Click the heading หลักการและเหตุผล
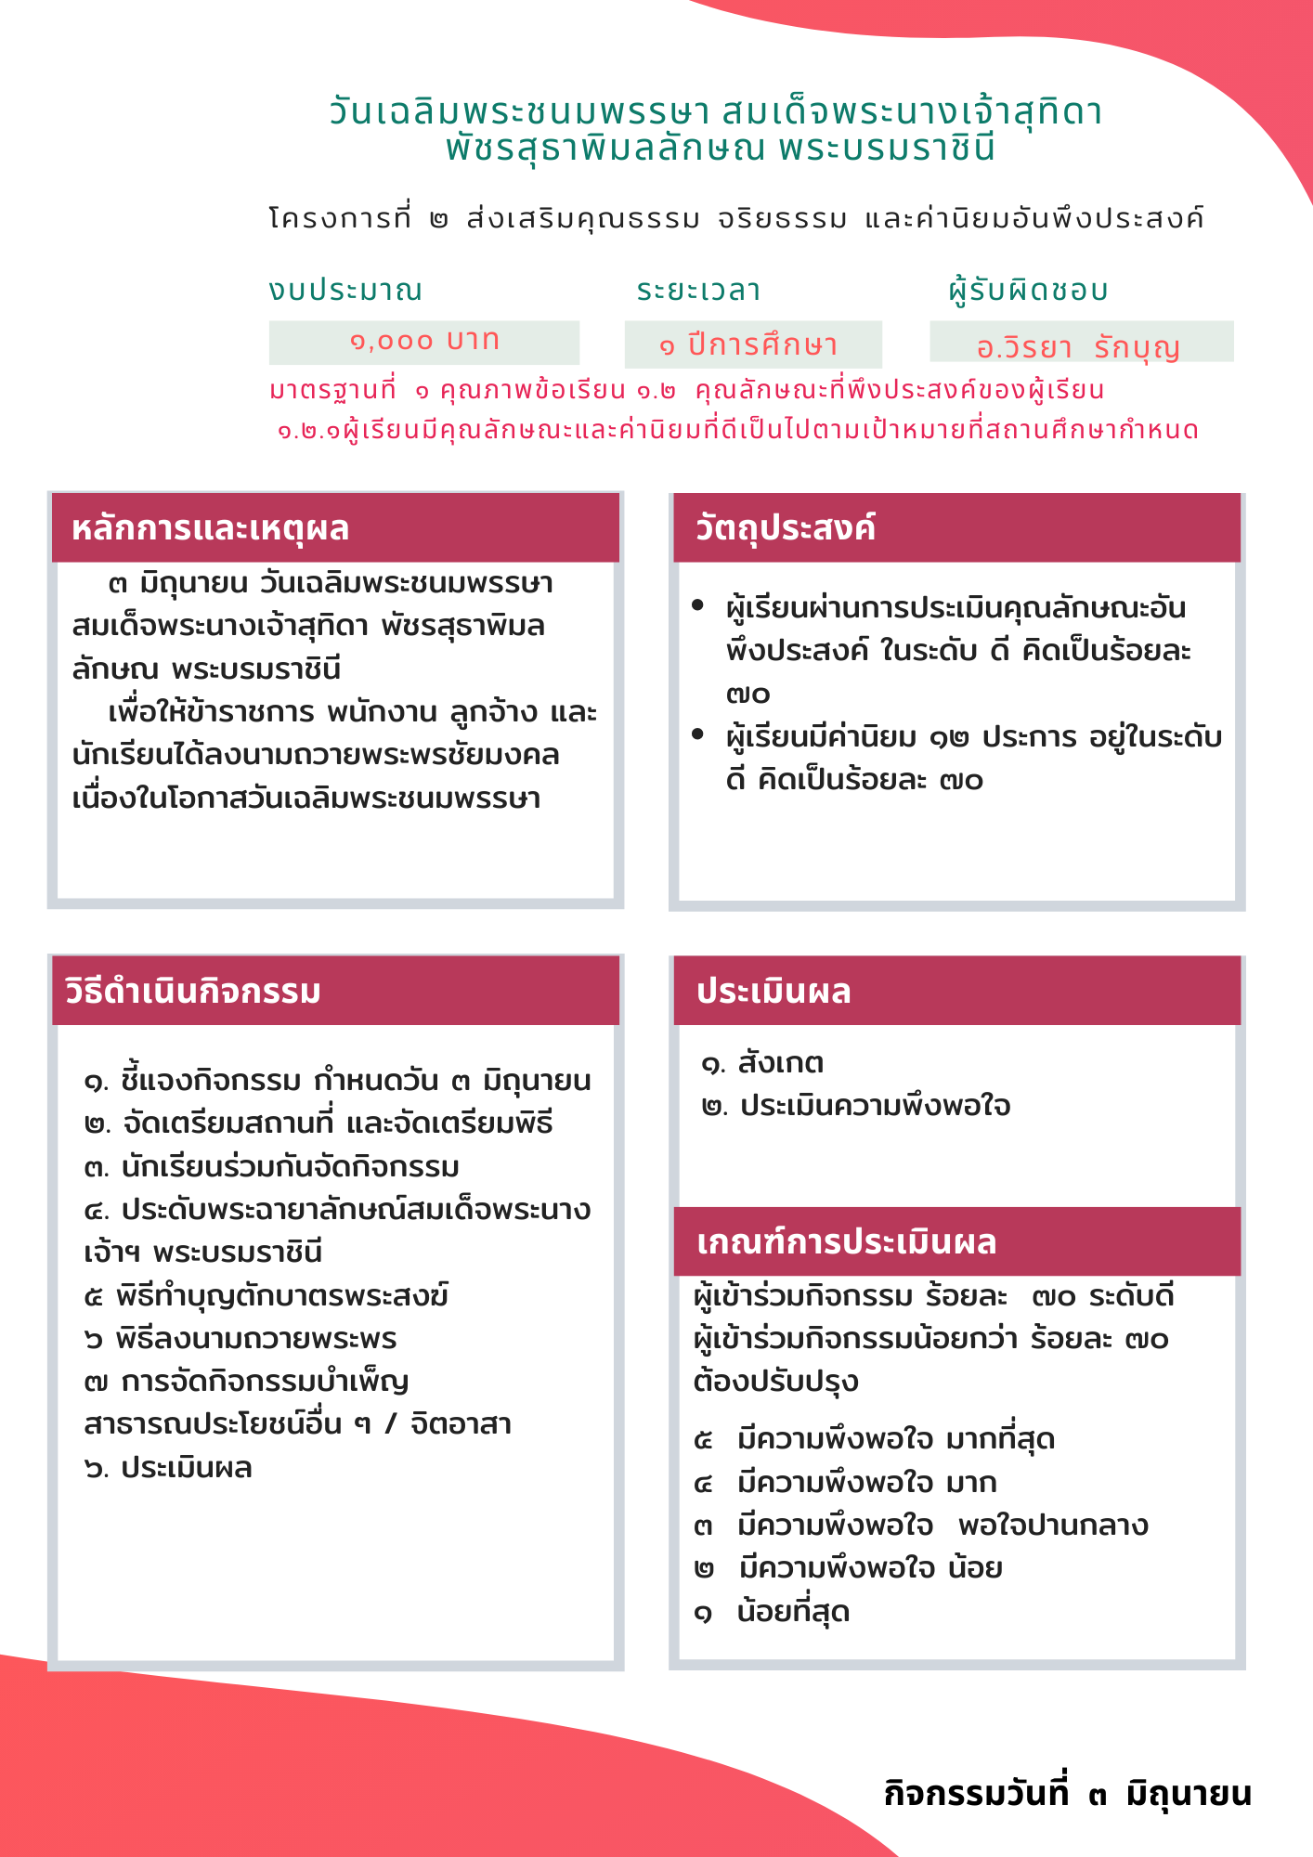[211, 528]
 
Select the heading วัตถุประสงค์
[786, 528]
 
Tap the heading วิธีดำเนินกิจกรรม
[193, 992]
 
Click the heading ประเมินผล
[773, 992]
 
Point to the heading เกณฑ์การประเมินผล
[847, 1242]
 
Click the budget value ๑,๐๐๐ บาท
[424, 342]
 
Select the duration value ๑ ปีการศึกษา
[749, 345]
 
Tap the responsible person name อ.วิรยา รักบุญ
[1078, 347]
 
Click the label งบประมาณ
[345, 290]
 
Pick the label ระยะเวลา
[698, 290]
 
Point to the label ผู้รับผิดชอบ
[1029, 290]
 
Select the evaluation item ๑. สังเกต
[762, 1063]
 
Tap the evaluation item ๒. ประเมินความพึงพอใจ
[856, 1106]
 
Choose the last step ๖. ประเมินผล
[168, 1468]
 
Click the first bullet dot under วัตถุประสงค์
[698, 606]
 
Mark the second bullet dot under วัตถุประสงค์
[698, 734]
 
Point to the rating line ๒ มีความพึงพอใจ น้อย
[848, 1568]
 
